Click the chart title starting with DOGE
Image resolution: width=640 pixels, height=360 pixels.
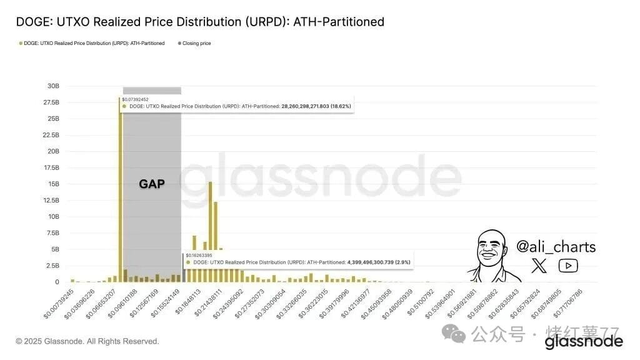pos(200,22)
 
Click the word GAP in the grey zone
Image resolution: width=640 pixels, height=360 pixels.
pos(151,184)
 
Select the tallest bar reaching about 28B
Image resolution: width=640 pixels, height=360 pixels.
pos(120,187)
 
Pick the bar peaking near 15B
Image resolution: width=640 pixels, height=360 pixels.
pos(211,231)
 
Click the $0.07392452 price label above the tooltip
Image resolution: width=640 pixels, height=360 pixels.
pos(136,99)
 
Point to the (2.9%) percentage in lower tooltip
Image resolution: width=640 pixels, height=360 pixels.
pos(401,262)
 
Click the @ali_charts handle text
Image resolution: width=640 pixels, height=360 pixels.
pos(556,247)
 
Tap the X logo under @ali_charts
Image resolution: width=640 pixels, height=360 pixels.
pos(539,266)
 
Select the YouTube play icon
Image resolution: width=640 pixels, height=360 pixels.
pos(567,266)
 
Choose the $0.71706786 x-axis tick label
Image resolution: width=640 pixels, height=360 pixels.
pos(568,302)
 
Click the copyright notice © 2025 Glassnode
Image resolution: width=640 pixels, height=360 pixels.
pos(87,341)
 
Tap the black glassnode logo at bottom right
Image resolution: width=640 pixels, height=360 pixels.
pos(583,341)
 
